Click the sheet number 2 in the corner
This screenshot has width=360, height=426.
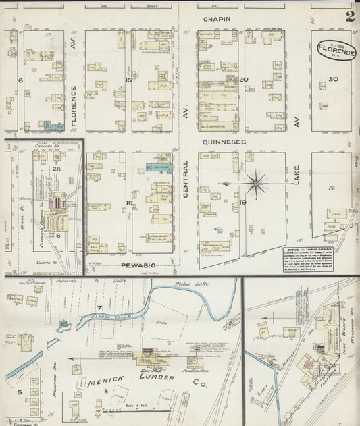[349, 17]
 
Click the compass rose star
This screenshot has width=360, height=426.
[257, 182]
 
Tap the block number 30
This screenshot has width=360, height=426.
[332, 79]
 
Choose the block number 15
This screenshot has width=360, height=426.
[128, 80]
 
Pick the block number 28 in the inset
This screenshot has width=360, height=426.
[57, 168]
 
